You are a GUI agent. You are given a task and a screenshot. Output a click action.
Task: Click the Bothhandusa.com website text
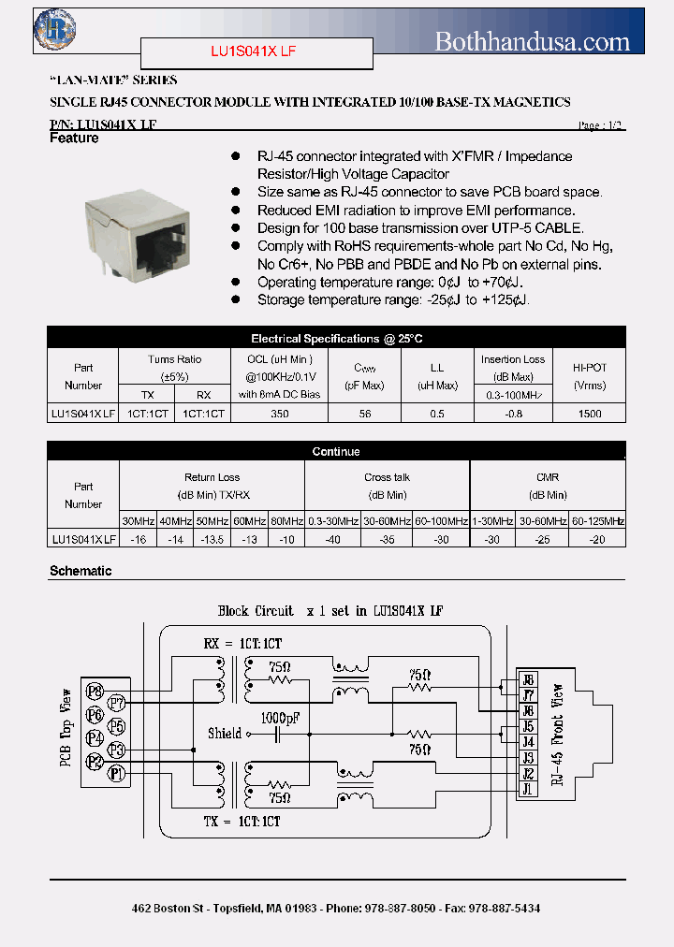click(533, 41)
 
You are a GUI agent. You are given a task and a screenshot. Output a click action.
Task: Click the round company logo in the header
click(54, 28)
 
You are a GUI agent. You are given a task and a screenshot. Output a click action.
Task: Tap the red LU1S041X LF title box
click(256, 54)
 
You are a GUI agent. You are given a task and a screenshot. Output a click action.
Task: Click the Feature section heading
click(74, 138)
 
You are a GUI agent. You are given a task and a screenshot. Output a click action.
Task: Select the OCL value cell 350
click(279, 413)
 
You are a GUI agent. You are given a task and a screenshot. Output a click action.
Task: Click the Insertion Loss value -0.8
click(513, 413)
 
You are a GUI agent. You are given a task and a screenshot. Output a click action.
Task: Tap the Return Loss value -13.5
click(212, 539)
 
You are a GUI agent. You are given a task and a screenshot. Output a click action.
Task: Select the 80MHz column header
click(286, 521)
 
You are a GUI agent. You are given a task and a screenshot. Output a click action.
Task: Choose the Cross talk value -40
click(332, 539)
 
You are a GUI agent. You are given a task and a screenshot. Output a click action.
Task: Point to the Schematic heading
click(81, 571)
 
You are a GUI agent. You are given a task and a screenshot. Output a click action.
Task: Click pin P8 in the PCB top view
click(94, 692)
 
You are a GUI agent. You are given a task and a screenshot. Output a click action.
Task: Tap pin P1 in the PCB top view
click(116, 772)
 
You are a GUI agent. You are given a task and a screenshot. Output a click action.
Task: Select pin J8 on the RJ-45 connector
click(528, 680)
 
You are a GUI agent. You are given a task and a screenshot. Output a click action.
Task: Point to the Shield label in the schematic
click(225, 734)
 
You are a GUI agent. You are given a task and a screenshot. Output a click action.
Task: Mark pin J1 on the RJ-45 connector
click(528, 790)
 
